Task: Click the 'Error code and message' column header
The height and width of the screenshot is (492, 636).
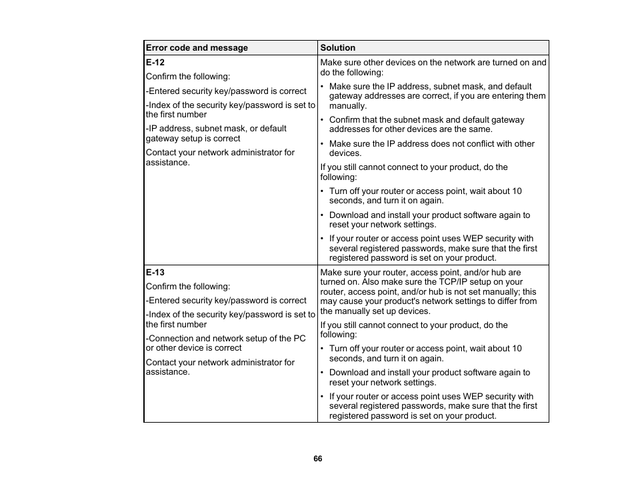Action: [197, 48]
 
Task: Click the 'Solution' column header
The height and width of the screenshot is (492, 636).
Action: [337, 48]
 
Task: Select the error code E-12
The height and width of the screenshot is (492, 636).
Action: [155, 62]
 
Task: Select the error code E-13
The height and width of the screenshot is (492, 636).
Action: [155, 273]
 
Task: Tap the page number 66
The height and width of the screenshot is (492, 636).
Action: [318, 459]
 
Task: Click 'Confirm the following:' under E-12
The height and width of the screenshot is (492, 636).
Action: [187, 77]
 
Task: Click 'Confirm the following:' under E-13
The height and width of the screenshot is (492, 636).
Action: [187, 287]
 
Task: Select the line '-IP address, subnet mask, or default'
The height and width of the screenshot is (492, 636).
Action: [216, 129]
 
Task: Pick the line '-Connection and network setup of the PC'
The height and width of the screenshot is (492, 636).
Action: [225, 339]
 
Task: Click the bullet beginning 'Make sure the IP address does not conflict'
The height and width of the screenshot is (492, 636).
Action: [431, 144]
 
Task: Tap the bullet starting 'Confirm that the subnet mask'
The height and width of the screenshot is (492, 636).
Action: [427, 120]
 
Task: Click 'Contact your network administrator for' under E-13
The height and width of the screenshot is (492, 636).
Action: [220, 363]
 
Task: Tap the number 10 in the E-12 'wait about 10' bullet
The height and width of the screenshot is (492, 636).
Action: [517, 191]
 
